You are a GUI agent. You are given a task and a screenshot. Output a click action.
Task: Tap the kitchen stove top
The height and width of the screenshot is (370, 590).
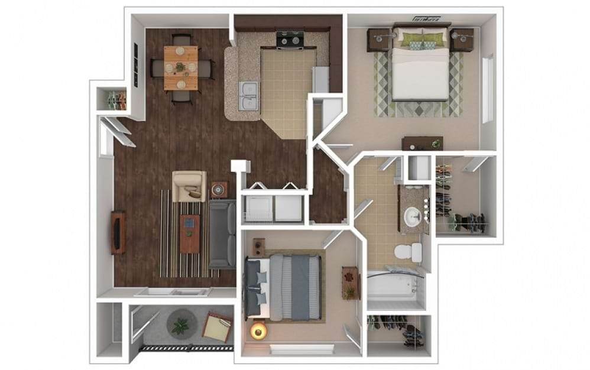290,41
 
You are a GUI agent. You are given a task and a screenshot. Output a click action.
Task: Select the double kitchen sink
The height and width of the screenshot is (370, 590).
248,96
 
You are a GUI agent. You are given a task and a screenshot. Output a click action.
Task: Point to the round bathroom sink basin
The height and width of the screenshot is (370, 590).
409,218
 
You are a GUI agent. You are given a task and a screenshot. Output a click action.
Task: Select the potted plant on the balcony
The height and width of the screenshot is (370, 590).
179,324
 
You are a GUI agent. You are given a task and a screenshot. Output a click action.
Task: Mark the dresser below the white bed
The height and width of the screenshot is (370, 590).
422,143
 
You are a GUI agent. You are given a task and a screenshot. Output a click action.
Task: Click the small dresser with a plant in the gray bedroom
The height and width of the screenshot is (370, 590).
349,283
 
